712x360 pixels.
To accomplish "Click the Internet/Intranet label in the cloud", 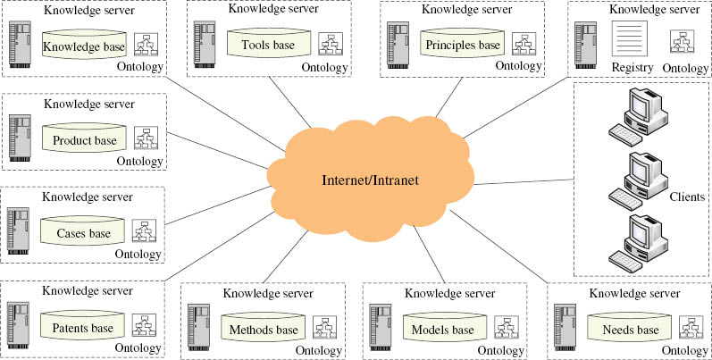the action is pos(370,180).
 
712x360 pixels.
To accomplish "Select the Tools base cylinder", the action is pos(268,44).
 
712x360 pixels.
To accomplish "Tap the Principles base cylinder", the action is pos(462,44).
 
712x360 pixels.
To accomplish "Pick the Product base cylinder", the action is pos(84,139).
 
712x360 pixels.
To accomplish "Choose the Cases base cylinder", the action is pos(83,232).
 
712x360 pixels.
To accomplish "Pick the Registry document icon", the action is pos(629,38).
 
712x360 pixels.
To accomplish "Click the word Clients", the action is pos(687,197).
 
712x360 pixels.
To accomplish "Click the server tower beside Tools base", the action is pos(205,45).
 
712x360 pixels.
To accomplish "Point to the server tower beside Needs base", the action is pos(565,327).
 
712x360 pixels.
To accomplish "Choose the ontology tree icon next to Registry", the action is pos(683,41).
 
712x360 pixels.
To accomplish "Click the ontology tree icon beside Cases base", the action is pos(144,231).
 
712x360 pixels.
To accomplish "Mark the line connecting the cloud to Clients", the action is pos(524,182).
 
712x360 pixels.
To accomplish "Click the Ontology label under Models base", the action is pos(500,350).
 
